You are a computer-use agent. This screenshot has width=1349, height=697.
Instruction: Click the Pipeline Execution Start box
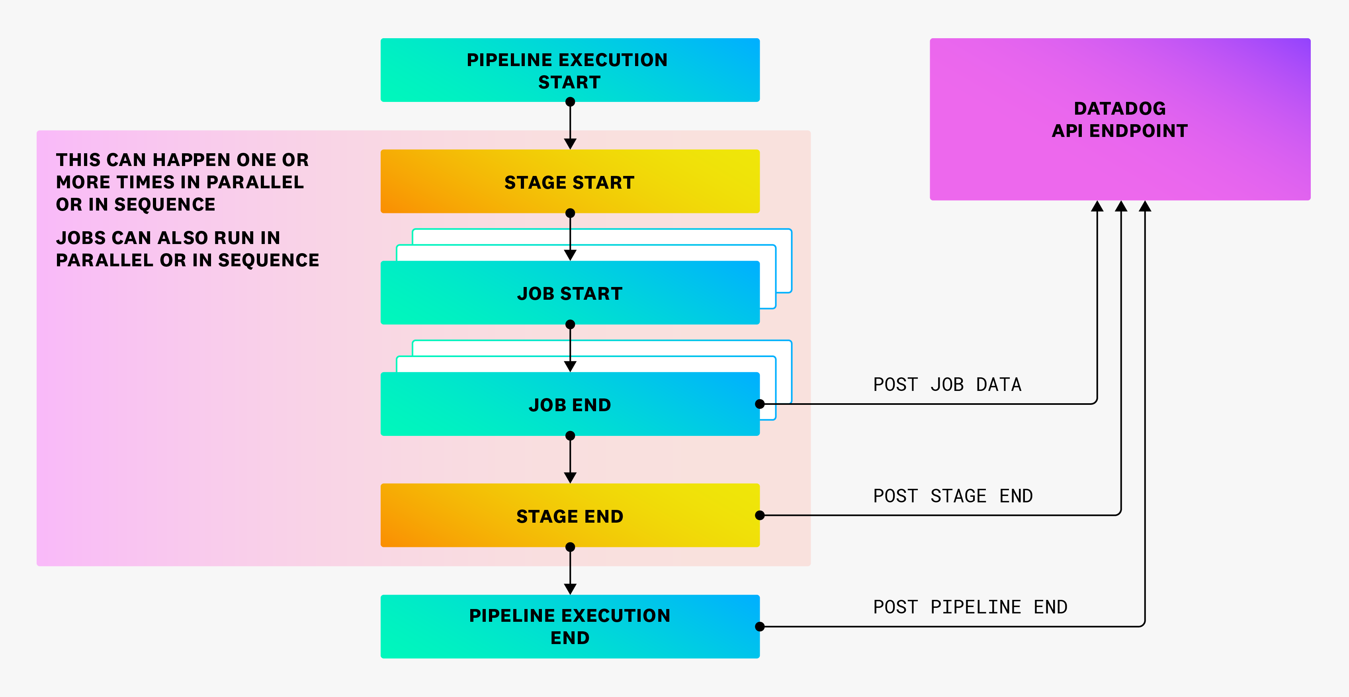pos(570,70)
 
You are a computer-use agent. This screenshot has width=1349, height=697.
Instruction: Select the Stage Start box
pos(570,182)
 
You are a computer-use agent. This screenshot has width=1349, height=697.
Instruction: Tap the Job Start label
pos(570,293)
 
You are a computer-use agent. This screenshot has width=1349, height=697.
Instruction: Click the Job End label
pos(570,405)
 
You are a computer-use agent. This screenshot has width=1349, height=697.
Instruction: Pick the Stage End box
pos(570,516)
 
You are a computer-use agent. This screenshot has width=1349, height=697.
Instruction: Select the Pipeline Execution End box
pos(570,626)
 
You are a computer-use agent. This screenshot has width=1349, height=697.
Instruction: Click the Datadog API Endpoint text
pos(1120,119)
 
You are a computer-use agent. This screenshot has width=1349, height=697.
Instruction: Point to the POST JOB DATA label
pos(947,385)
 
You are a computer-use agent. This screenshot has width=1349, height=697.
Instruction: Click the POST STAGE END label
pos(952,496)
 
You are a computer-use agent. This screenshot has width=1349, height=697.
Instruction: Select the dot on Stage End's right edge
pos(760,516)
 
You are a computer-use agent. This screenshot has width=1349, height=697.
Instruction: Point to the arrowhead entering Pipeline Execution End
pos(570,589)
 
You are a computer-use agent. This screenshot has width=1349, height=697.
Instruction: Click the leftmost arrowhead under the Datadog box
pos(1097,206)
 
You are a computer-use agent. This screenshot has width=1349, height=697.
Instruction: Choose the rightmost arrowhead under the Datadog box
pos(1145,206)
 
